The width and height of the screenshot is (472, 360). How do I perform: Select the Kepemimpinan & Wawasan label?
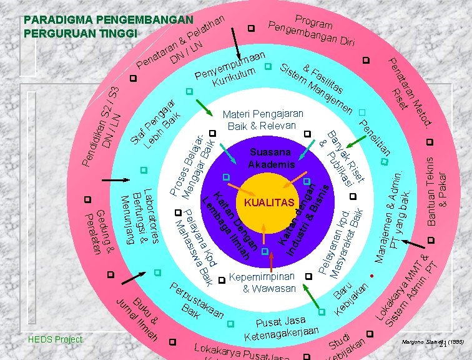(x=260, y=282)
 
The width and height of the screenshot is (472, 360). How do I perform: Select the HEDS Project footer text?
(x=56, y=339)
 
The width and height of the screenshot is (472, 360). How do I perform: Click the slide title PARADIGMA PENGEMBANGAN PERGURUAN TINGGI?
(x=108, y=26)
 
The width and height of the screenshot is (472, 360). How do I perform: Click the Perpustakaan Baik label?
(x=198, y=301)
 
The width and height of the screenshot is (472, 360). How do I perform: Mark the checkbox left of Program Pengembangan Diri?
(x=251, y=28)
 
